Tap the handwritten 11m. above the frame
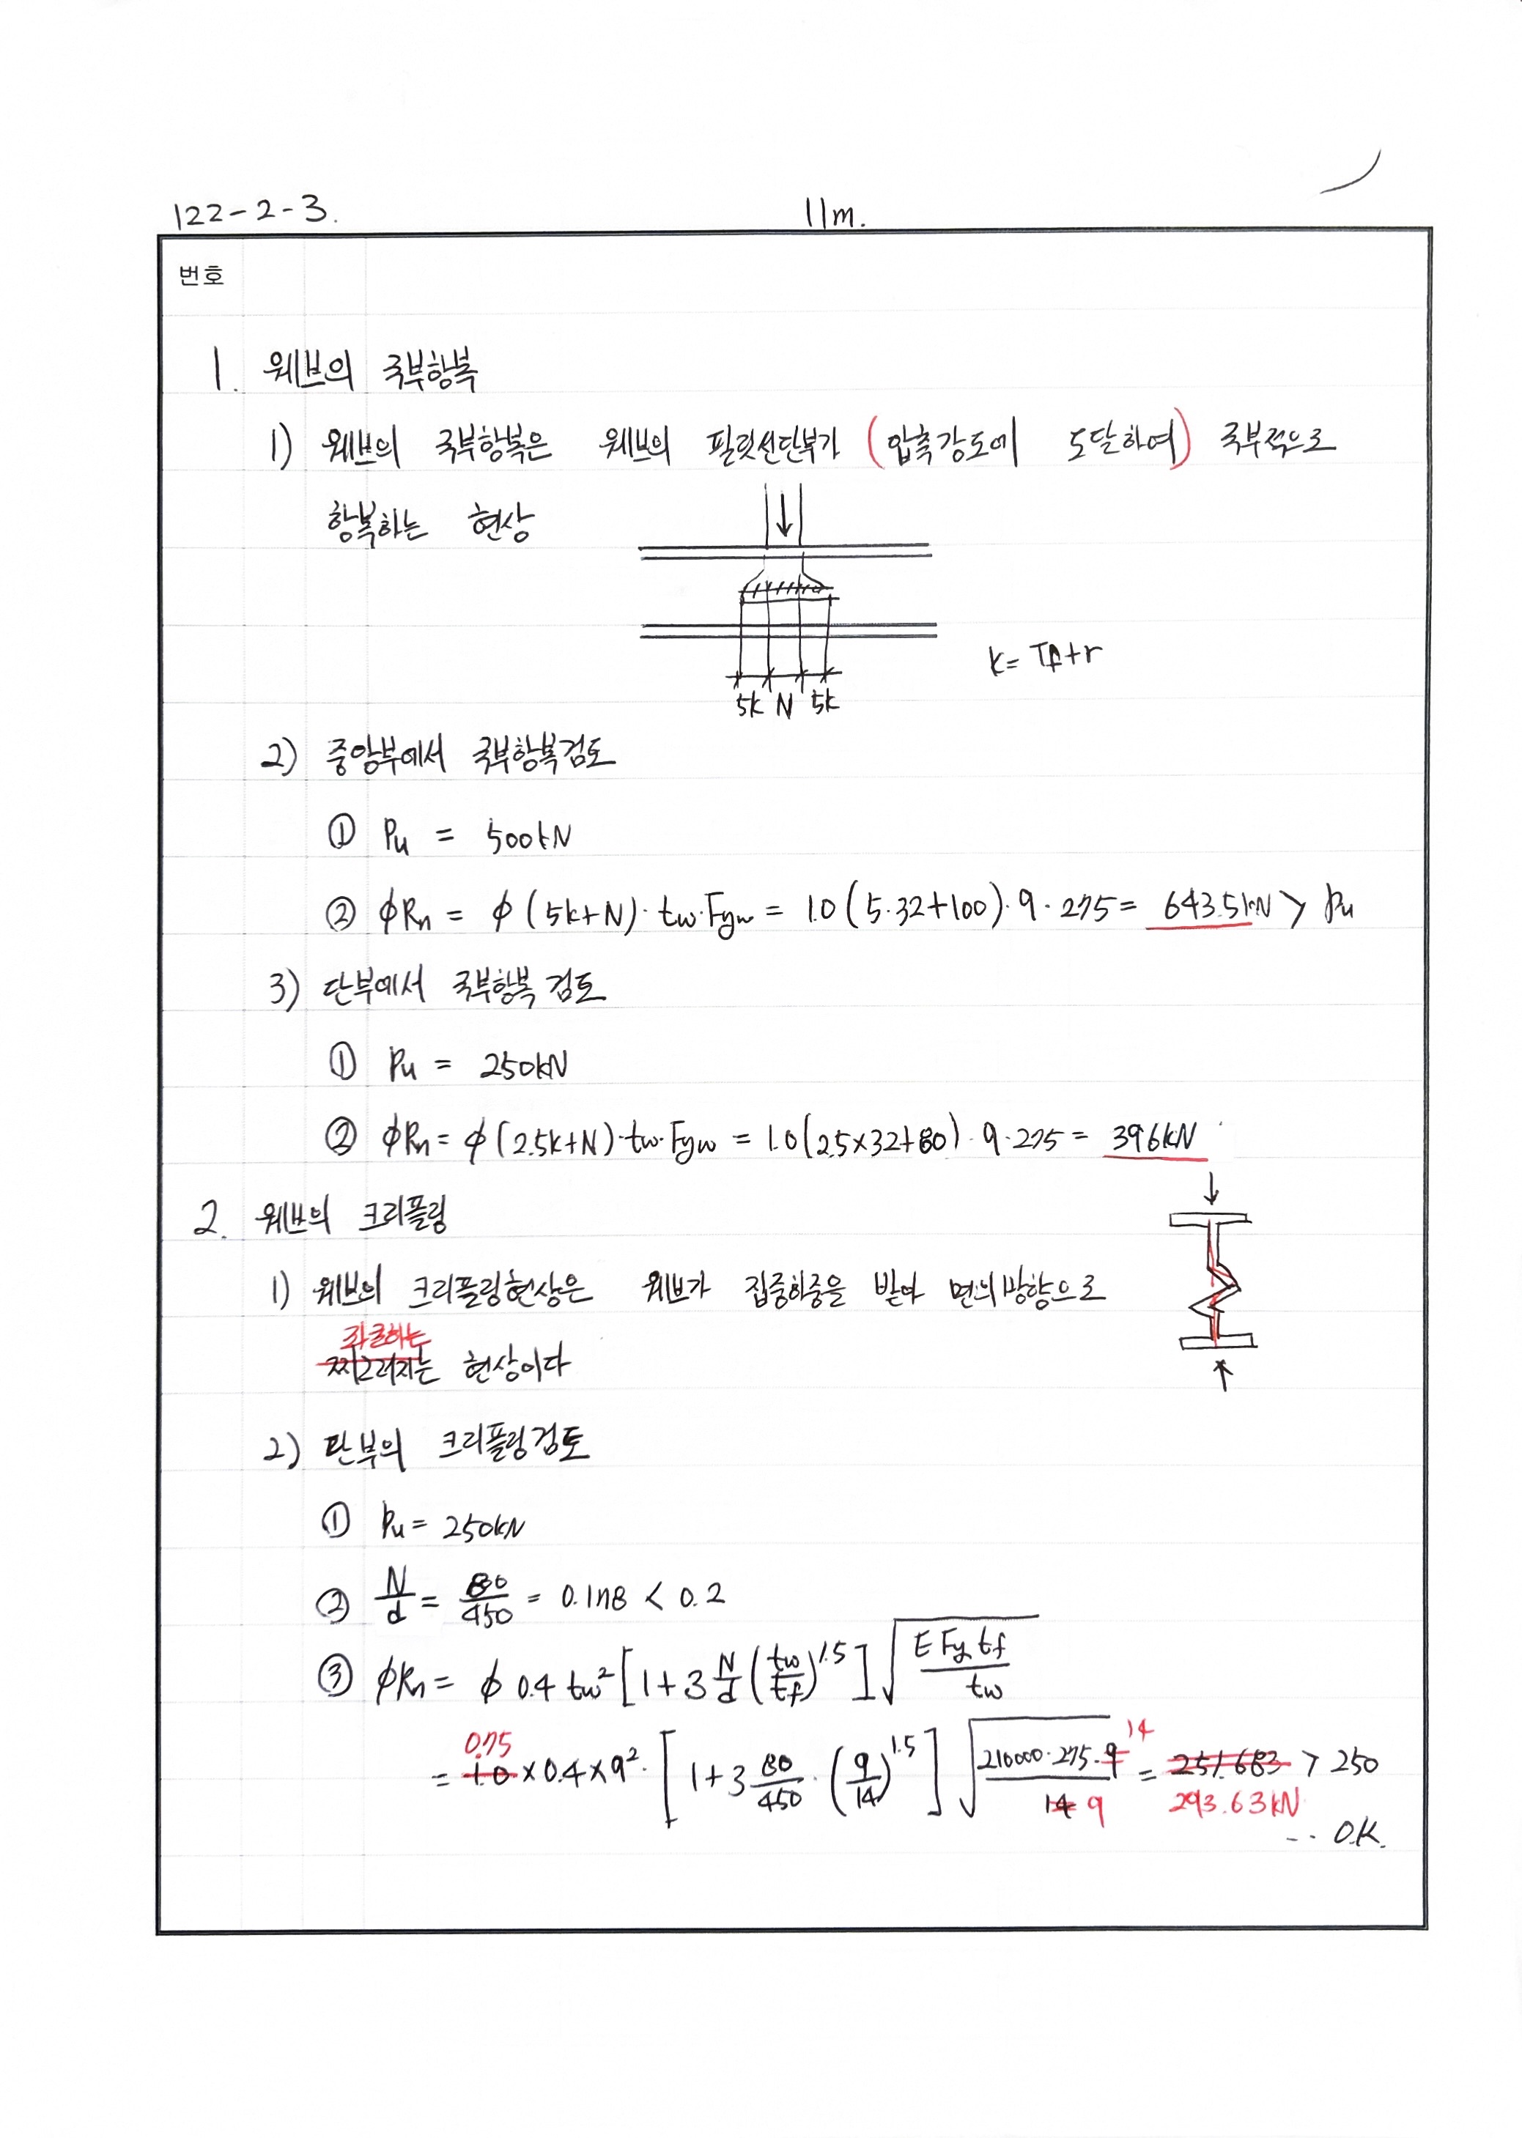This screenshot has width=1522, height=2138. (833, 215)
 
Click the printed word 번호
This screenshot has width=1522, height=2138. (202, 275)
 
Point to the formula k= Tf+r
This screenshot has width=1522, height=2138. (1044, 658)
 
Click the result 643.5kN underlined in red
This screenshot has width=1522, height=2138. (1216, 906)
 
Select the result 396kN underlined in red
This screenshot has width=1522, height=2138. (1153, 1139)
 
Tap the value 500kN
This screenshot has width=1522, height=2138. (528, 837)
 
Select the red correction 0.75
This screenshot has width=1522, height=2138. (488, 1745)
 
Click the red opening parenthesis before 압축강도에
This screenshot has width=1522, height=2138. (873, 441)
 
